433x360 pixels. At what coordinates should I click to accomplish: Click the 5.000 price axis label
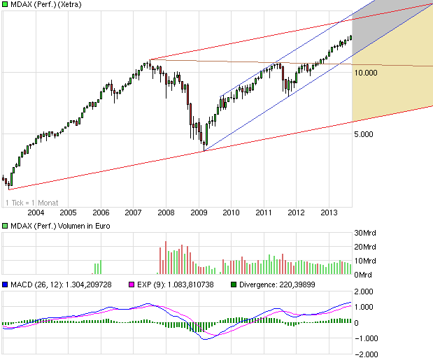tap(365, 135)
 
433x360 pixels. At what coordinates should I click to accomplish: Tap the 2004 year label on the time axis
tap(35, 212)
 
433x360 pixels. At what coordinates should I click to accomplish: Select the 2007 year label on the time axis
tap(133, 212)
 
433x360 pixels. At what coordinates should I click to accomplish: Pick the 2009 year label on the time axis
tap(199, 212)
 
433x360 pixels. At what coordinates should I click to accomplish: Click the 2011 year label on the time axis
tap(264, 212)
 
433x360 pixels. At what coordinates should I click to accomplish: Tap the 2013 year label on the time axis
tap(329, 212)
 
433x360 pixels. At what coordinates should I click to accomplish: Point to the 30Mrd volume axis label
tap(365, 233)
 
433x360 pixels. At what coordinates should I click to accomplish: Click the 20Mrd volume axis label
tap(365, 247)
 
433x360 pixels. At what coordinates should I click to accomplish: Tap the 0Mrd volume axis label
tap(362, 275)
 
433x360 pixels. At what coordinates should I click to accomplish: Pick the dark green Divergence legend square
tap(233, 285)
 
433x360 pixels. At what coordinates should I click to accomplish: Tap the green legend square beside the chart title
tap(4, 6)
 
